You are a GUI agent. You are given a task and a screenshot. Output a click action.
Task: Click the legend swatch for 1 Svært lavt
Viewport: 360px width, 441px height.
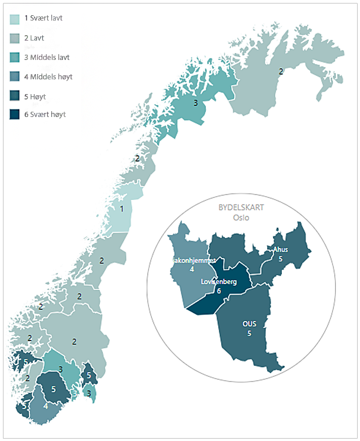coord(15,19)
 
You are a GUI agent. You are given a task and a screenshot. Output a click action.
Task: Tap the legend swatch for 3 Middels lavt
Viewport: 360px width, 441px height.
coord(15,57)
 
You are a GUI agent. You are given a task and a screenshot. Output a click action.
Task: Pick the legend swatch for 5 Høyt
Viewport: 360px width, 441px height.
coord(15,95)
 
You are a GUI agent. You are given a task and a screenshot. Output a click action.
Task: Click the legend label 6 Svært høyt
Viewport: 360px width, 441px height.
coord(45,114)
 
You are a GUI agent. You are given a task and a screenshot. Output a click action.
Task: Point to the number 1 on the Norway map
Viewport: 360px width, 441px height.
coord(122,209)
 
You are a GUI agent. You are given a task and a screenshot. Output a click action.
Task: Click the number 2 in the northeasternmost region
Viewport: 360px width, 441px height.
coord(281,71)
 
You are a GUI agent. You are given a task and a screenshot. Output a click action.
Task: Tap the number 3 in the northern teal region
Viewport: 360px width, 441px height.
coord(195,103)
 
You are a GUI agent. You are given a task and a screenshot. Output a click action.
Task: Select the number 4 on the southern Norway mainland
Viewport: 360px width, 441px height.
coord(46,405)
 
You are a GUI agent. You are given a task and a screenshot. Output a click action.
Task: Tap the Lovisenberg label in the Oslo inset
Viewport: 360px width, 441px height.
coord(219,282)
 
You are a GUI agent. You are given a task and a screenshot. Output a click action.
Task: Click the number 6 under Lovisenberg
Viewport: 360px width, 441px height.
coord(218,290)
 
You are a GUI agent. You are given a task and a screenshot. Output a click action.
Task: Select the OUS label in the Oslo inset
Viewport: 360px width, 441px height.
coord(249,324)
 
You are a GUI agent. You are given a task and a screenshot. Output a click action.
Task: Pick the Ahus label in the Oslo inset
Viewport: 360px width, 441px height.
coord(281,250)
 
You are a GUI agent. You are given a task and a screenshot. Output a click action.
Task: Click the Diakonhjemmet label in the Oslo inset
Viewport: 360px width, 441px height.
coord(191,259)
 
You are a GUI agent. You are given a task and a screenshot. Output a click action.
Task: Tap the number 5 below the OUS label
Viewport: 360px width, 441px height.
coord(249,333)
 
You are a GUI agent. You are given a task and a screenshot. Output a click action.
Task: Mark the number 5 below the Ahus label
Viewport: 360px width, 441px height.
coord(281,258)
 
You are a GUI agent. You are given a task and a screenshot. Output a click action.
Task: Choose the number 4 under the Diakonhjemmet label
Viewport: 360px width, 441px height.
coord(192,269)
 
